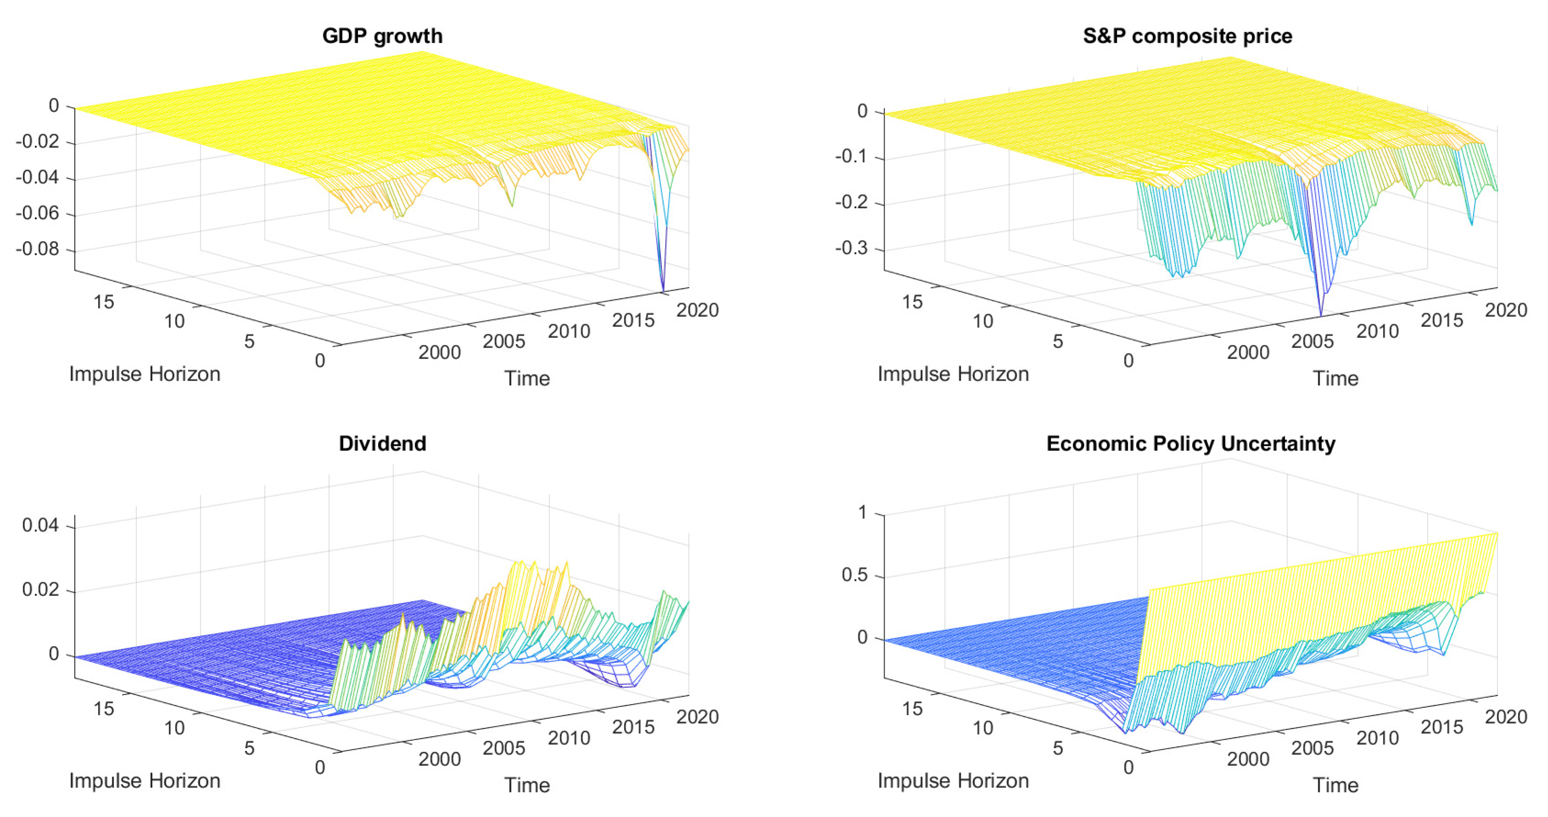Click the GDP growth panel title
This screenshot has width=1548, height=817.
(382, 36)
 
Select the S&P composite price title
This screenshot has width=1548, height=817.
(1187, 36)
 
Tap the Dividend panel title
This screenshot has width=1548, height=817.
(382, 443)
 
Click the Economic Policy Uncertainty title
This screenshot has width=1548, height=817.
(1191, 443)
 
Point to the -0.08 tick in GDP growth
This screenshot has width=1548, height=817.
(37, 249)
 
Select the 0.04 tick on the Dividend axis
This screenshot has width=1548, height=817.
(40, 525)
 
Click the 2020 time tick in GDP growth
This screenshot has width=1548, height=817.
(697, 310)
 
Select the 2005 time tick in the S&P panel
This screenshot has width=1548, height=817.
(1313, 341)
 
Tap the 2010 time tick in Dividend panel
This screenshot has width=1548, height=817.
(568, 738)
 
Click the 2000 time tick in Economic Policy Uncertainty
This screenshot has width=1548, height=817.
(1248, 759)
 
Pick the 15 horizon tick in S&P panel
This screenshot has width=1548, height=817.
(912, 301)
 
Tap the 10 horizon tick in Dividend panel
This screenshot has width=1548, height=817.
(174, 728)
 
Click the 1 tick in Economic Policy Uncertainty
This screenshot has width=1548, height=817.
(863, 512)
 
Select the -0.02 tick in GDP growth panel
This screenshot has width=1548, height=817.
(37, 142)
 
